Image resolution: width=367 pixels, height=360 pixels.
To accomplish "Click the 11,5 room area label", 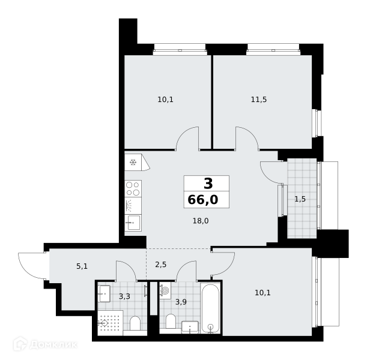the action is tap(259, 100).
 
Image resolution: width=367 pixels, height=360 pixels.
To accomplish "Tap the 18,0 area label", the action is tap(201, 221).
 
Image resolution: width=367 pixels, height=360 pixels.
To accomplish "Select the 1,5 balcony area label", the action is tap(300, 199).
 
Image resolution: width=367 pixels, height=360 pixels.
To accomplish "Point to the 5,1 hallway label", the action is tap(82, 266).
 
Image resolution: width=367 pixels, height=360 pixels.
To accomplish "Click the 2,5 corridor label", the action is tap(161, 265).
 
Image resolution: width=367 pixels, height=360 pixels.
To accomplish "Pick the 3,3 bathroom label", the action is tap(124, 296).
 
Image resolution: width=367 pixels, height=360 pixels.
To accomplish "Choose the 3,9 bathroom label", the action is tap(181, 302).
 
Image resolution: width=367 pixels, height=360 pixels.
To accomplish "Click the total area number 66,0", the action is tap(203, 200).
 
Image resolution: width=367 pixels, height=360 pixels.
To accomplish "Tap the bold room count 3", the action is tap(208, 184).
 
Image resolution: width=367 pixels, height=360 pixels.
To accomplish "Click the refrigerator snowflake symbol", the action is tap(133, 162).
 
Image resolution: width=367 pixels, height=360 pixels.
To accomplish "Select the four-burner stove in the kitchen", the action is tap(133, 188).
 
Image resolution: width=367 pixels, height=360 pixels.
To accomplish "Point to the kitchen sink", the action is tap(133, 223).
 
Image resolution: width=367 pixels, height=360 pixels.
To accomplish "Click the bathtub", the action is tap(211, 308).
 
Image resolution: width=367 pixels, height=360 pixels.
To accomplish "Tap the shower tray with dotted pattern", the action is tap(111, 323).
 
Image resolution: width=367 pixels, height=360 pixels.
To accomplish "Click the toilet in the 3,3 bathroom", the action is tap(135, 323).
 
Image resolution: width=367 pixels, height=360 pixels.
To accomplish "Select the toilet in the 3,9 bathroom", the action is tap(171, 322).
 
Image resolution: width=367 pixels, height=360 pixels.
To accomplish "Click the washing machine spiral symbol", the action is tap(165, 290).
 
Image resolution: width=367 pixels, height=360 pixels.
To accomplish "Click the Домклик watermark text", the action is tap(53, 345).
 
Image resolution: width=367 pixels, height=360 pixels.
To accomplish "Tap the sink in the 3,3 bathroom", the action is tap(104, 293).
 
